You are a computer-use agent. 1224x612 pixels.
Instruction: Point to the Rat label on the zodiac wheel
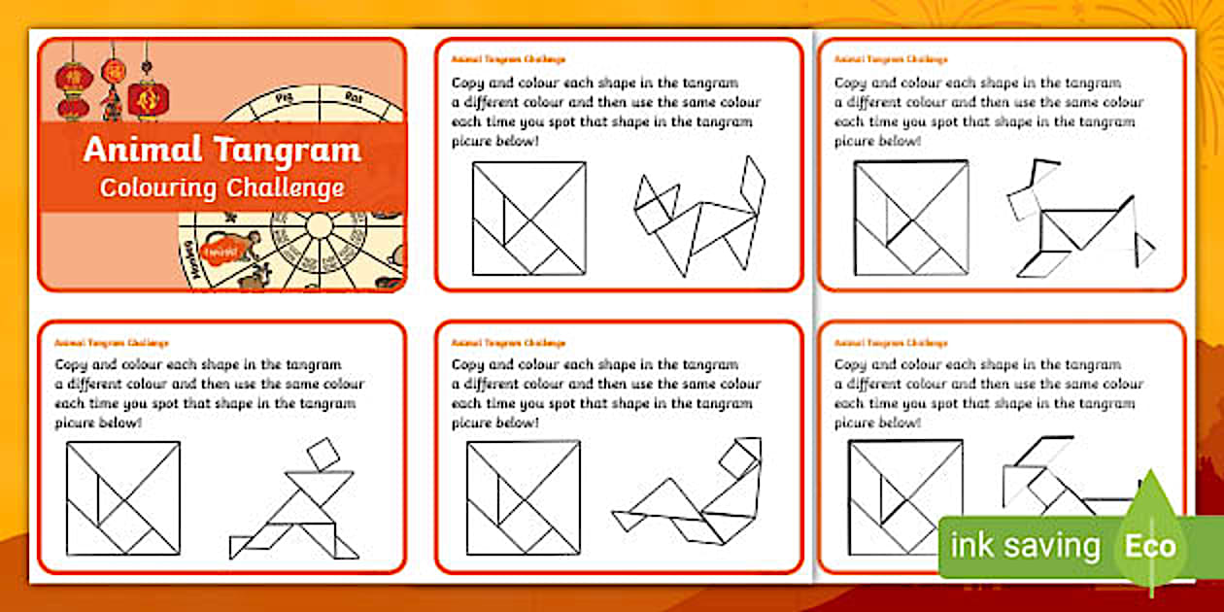coord(355,96)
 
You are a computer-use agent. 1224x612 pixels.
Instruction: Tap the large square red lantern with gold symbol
coord(149,97)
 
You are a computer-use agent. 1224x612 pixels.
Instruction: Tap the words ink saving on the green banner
coord(1025,546)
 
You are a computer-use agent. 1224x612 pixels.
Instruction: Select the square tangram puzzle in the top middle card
coord(529,219)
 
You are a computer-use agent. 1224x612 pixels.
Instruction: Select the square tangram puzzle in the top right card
coord(911,218)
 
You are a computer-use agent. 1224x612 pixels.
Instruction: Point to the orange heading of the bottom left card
coord(112,343)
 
